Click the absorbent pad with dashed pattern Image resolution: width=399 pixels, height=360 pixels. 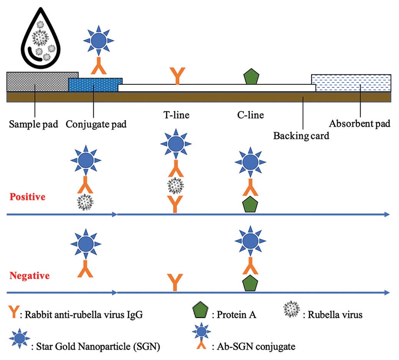coord(351,83)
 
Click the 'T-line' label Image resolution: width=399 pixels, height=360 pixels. coord(176,115)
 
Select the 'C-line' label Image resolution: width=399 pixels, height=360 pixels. coord(250,115)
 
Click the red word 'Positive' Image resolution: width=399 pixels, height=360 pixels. coord(27,197)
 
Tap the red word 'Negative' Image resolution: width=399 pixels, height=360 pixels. coord(30,276)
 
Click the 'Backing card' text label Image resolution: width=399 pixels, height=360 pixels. coord(301,135)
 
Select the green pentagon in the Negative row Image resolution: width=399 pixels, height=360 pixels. coord(250,283)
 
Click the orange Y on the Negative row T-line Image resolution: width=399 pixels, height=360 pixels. coord(175,282)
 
